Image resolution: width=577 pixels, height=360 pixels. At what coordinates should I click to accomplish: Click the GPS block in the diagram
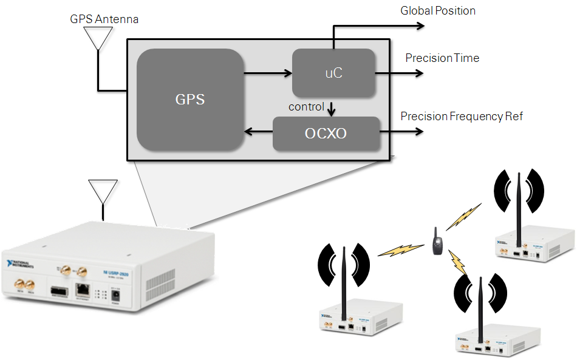pos(190,99)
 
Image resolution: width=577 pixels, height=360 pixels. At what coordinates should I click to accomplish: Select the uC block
pos(333,73)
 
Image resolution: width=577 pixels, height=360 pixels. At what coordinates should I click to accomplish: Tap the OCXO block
pos(326,133)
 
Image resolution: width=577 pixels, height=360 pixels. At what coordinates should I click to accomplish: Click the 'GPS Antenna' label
pos(104,19)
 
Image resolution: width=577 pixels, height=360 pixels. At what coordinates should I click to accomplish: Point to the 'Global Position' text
pos(437,10)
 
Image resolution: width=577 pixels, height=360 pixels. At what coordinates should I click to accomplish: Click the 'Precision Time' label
pos(442,58)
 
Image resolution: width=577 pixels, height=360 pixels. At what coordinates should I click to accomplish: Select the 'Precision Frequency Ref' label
pos(461,116)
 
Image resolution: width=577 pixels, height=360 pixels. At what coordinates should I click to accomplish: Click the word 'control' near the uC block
pos(306,107)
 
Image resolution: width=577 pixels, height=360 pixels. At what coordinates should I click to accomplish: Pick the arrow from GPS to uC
pos(267,73)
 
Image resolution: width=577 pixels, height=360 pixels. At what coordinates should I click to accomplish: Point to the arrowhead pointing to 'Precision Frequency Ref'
pos(419,132)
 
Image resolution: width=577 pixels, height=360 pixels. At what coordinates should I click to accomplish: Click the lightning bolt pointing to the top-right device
pos(463,217)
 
